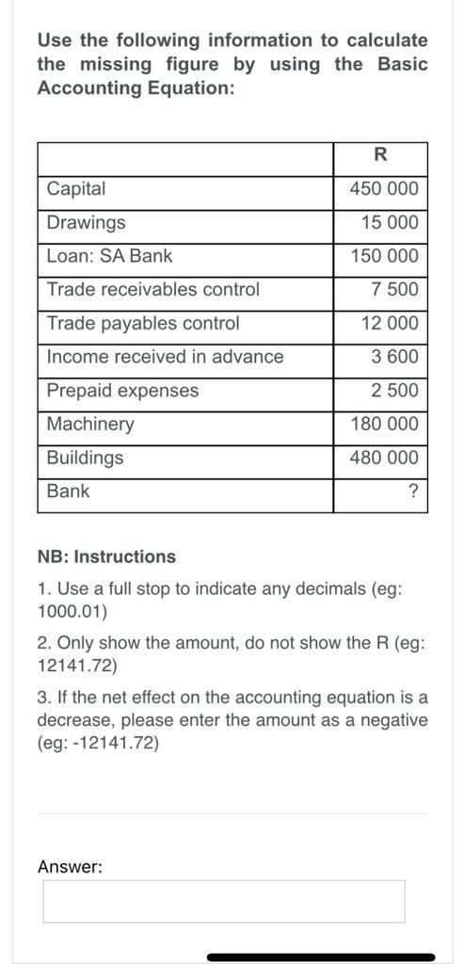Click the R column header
pos(380,155)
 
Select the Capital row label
pos(76,189)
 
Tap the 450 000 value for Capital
pos(383,189)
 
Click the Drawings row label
pos(86,223)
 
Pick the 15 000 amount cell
pos(389,223)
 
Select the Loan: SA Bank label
pos(109,256)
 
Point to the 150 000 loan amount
pos(383,256)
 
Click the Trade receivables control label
pos(152,290)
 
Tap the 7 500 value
pos(395,290)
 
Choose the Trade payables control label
pos(143,324)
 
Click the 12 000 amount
pos(389,324)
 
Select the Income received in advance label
pos(165,357)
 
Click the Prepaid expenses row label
pos(122,391)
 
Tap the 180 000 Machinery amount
pos(383,425)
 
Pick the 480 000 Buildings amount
pos(383,458)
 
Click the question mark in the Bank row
pos(413,492)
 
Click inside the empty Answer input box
pos(224,902)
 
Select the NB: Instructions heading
pos(106,556)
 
